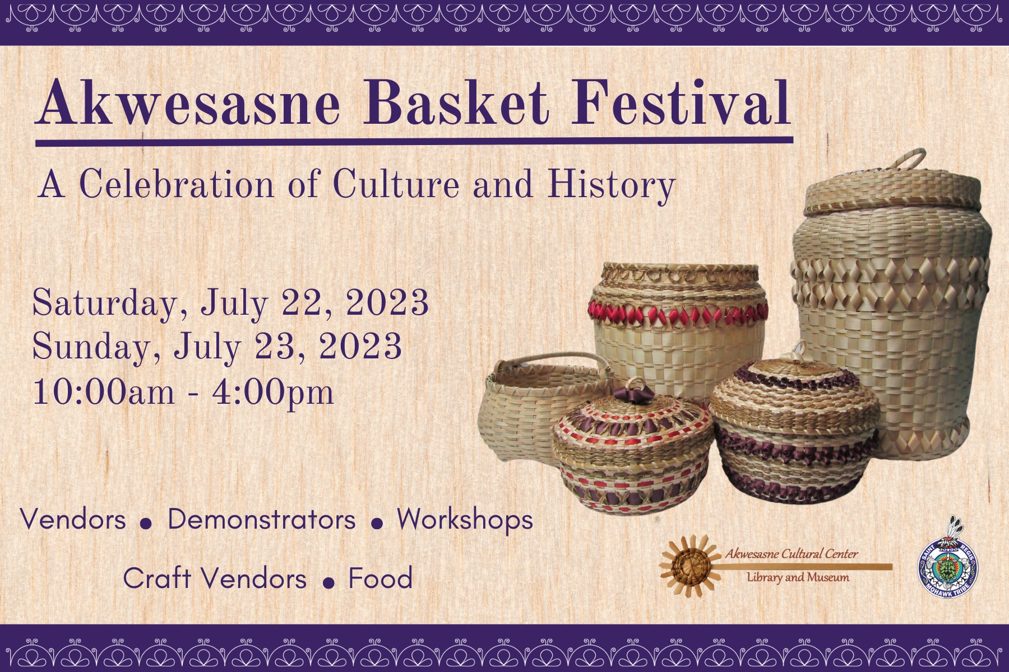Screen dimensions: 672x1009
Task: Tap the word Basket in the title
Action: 456,104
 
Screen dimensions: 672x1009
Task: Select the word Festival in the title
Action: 680,104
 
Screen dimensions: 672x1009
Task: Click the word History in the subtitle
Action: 611,185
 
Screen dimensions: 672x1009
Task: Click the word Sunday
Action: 91,347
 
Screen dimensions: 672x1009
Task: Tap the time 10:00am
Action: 104,392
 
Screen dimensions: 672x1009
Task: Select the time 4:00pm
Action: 272,392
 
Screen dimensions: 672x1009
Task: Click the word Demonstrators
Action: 261,520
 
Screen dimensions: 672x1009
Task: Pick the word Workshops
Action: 465,520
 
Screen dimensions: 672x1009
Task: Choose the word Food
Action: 380,578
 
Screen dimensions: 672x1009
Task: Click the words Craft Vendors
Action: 215,578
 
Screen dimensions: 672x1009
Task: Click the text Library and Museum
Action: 798,577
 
